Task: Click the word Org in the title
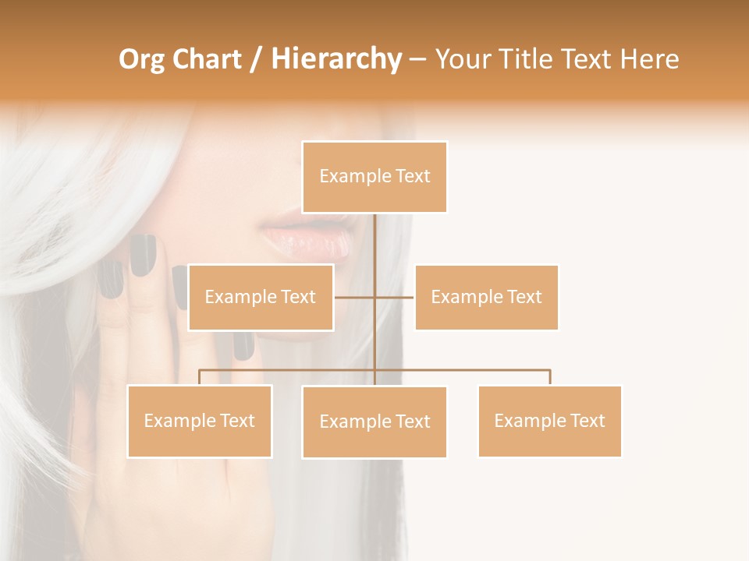tap(141, 59)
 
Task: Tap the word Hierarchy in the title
tap(336, 59)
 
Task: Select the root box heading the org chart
tap(374, 177)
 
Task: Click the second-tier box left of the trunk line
tap(261, 297)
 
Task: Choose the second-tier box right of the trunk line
tap(486, 297)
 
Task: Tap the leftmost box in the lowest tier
tap(200, 421)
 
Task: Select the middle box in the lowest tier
tap(374, 422)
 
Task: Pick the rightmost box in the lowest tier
tap(549, 421)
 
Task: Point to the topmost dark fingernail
tap(143, 255)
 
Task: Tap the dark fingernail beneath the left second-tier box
tap(243, 345)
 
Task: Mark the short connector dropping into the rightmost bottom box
tap(550, 377)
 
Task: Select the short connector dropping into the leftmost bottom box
tap(200, 377)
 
